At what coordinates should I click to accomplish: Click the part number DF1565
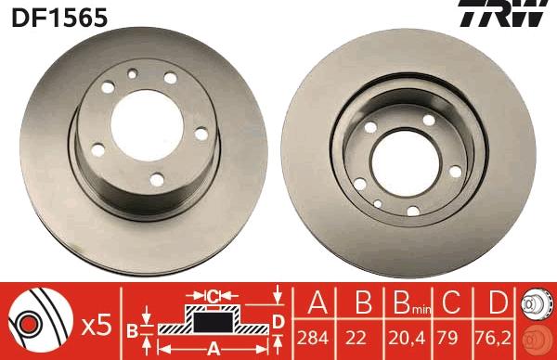pos(59,18)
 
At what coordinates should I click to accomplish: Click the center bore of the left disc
pos(147,125)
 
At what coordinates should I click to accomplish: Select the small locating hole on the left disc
pos(133,74)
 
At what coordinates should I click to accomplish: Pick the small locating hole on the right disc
pos(378,204)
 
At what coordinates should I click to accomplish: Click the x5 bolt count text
pos(97,326)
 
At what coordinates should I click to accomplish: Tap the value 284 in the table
pos(313,338)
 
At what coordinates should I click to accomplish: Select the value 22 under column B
pos(356,338)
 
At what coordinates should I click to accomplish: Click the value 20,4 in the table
pos(407,338)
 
